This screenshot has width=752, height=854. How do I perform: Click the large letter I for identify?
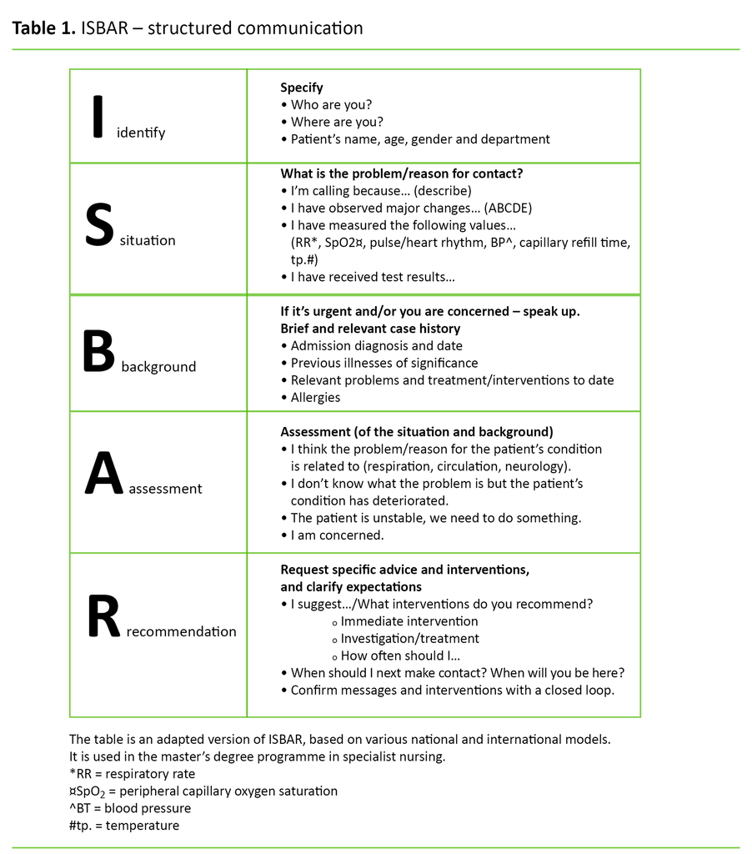[x=98, y=116]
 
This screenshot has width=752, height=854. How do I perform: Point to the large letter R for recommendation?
[x=105, y=619]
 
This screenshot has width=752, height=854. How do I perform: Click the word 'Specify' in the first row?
[x=302, y=88]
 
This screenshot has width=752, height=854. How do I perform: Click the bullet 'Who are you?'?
[x=331, y=104]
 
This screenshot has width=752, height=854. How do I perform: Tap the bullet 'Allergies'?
[x=315, y=398]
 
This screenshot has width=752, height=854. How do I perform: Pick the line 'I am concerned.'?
[x=337, y=535]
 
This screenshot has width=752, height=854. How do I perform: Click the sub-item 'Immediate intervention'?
[x=409, y=621]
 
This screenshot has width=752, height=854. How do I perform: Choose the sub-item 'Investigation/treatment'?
[x=409, y=639]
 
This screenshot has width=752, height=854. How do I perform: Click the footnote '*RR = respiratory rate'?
[x=132, y=774]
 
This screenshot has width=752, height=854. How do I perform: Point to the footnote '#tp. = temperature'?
[x=124, y=826]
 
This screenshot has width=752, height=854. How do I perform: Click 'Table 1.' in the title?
[x=43, y=28]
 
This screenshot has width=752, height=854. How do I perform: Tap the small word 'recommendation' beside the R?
[x=182, y=631]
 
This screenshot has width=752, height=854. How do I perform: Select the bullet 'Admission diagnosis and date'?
[x=376, y=346]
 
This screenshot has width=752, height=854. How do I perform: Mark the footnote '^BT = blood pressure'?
[x=130, y=808]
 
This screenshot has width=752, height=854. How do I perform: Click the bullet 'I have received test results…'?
[x=372, y=277]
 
